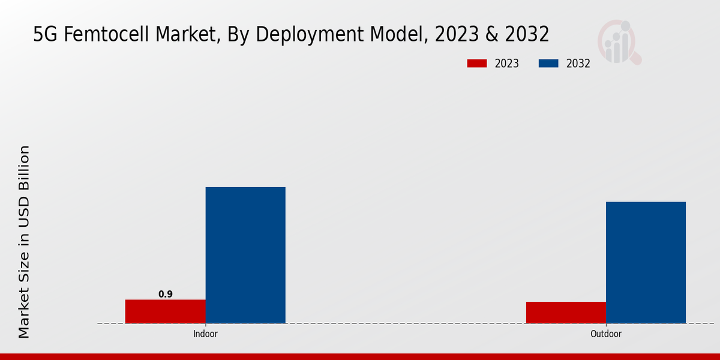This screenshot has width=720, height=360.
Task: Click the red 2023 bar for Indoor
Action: click(x=165, y=311)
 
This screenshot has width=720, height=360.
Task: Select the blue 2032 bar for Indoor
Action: click(x=245, y=255)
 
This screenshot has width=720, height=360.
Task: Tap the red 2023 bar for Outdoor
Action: click(x=566, y=313)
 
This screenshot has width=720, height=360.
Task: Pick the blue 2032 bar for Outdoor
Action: click(x=646, y=262)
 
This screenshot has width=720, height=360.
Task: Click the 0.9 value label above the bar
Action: click(x=166, y=294)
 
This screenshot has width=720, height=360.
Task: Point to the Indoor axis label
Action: click(x=205, y=334)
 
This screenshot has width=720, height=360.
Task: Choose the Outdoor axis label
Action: click(x=606, y=334)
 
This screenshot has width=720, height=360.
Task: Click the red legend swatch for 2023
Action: click(x=477, y=64)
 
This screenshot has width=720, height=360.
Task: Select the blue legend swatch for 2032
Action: click(x=549, y=64)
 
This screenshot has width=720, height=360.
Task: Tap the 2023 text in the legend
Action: click(x=507, y=64)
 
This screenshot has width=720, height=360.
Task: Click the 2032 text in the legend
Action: click(x=578, y=64)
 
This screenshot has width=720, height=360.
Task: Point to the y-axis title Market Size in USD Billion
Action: click(x=24, y=242)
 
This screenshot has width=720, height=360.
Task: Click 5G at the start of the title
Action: click(x=44, y=35)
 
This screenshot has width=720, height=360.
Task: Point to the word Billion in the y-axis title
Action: click(x=24, y=170)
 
